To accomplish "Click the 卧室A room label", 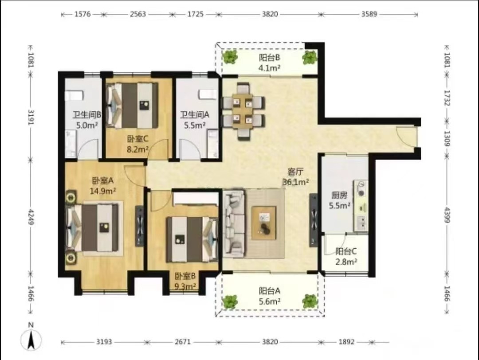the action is coord(102,181).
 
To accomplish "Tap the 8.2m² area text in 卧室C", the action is coord(137,149).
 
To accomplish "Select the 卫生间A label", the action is coord(195,115).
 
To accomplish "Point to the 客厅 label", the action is coord(296,172).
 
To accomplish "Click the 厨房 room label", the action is coord(339,195).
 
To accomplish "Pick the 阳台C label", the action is coord(346,251).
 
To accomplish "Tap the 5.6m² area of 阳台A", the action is coord(270,301).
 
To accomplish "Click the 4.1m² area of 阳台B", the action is coord(270,68).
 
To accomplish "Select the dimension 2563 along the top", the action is coord(138,14).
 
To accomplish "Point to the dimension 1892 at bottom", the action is coord(346,342).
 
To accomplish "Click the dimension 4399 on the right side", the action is coord(447,215).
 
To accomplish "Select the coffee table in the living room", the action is coord(264,223).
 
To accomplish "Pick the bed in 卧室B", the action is coord(192,240).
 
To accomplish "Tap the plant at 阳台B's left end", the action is coord(230,57).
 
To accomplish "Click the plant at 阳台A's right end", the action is coord(310,301).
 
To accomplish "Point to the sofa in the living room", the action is coord(234,223).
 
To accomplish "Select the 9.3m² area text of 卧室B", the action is coord(185,286).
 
